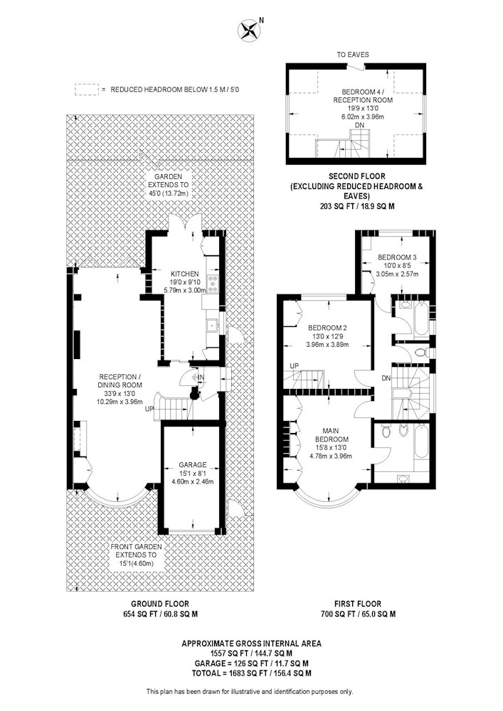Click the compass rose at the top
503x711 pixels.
coord(249,31)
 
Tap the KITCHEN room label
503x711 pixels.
coord(184,274)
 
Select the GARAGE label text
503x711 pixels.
coord(192,465)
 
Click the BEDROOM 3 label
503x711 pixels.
coord(397,257)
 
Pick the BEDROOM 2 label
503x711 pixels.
coord(327,328)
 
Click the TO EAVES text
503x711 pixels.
coord(352,55)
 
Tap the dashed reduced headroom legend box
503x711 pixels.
coord(86,90)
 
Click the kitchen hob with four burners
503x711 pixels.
coord(212,284)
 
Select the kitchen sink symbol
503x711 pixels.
coord(212,325)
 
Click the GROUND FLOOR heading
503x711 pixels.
coord(159,604)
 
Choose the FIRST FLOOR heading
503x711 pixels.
coord(358,604)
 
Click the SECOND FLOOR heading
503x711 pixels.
coord(356,176)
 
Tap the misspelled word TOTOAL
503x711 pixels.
coord(208,673)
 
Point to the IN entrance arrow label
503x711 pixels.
coord(201,378)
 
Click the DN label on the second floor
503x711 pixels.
coord(359,125)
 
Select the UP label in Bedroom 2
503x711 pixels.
coord(295,366)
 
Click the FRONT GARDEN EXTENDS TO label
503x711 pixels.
coord(136,551)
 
